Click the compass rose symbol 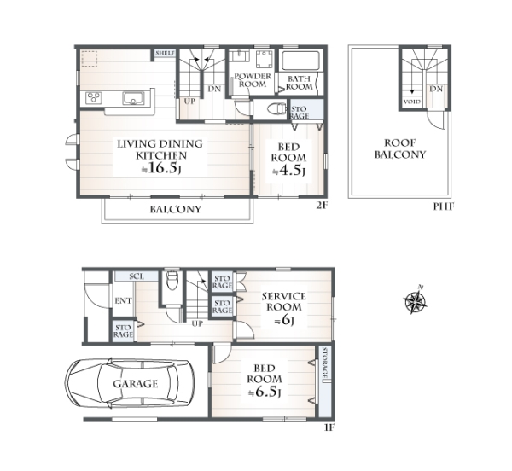pos(415,300)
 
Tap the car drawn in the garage pos(130,383)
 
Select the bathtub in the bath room pos(300,61)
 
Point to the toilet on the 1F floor pos(172,281)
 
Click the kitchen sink pos(133,98)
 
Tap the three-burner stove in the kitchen pos(94,98)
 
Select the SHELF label pos(166,53)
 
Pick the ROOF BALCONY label pos(400,148)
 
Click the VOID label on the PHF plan pos(412,102)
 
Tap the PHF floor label pos(444,206)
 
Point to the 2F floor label pos(322,206)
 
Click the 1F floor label pos(329,427)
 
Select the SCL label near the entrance pos(137,276)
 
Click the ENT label pos(123,301)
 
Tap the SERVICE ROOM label pos(284,301)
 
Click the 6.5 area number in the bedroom pos(265,392)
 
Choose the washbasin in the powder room pos(239,55)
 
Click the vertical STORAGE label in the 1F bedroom pos(324,363)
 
